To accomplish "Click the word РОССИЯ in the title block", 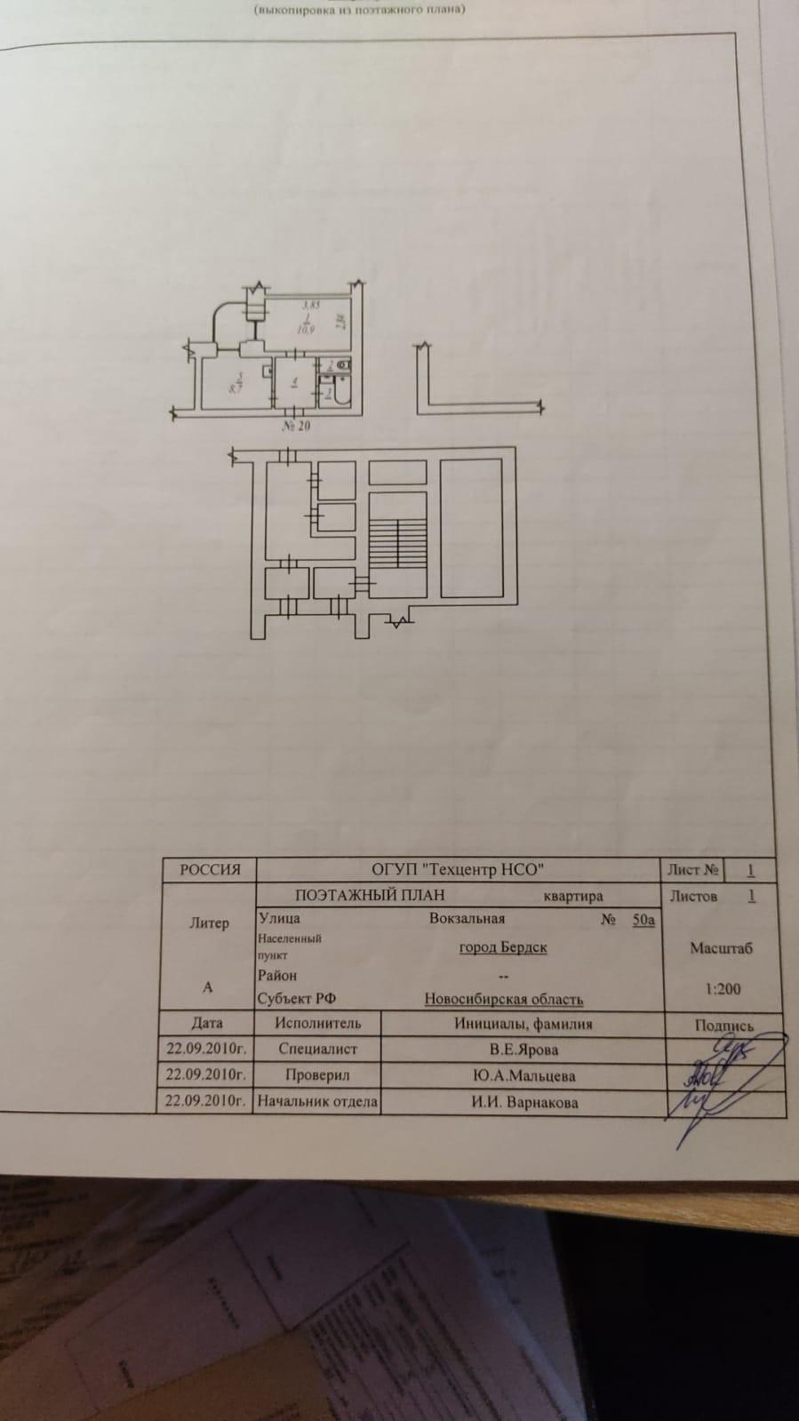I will point(210,870).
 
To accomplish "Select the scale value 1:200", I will point(723,988).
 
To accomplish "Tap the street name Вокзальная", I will point(467,919).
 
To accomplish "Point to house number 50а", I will point(643,920).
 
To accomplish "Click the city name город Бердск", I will point(502,947).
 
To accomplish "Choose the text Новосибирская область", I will point(503,1000).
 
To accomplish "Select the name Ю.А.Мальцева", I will point(523,1076).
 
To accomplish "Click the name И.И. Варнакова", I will point(524,1103).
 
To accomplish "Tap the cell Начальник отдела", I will point(317,1102).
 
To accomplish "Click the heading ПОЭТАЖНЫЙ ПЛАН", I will point(370,896).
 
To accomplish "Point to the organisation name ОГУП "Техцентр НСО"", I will point(458,870).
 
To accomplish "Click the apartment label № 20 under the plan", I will point(296,427).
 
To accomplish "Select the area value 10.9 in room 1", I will point(305,329).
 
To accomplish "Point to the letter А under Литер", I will point(208,987).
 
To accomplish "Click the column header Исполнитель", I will point(318,1024).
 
